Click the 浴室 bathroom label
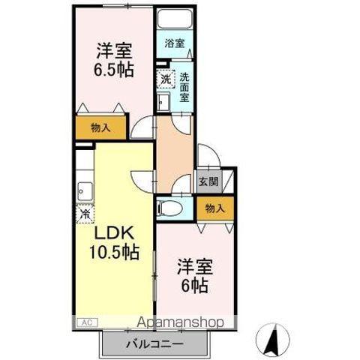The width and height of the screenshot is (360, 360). click(x=175, y=43)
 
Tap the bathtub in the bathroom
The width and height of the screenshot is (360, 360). click(x=175, y=19)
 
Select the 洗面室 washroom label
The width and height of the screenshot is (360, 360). click(x=184, y=88)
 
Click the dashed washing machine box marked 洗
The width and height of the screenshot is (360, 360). click(x=166, y=79)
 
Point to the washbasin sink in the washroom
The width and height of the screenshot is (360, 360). click(x=163, y=101)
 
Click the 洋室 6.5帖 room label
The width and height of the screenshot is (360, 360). click(x=114, y=60)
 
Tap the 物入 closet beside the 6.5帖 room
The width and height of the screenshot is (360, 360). click(x=100, y=128)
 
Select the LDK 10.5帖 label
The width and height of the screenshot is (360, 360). click(x=114, y=242)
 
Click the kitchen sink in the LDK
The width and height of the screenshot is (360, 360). click(x=85, y=191)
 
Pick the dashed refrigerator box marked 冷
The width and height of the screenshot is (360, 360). click(x=85, y=213)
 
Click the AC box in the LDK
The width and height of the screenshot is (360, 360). click(x=87, y=322)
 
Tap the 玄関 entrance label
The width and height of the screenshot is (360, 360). click(x=208, y=181)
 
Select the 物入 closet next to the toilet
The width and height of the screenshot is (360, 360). click(x=215, y=208)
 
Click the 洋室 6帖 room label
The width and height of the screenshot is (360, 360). click(x=195, y=276)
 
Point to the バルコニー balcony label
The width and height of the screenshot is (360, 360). click(x=154, y=345)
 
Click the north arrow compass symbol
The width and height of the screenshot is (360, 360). click(x=273, y=340)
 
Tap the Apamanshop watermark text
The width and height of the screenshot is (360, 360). click(x=180, y=322)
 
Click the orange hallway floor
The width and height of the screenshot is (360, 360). click(x=175, y=153)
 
